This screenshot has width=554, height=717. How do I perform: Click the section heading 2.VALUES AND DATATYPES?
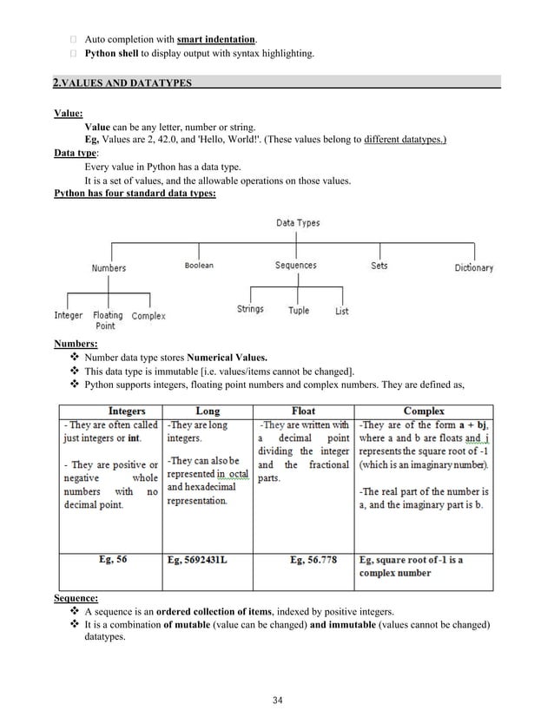pos(122,83)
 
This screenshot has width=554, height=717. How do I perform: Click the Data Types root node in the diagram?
pos(298,223)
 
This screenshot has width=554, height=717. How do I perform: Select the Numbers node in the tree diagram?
pos(109,268)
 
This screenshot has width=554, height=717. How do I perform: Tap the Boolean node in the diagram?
pos(199,266)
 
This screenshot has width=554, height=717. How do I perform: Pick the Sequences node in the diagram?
pos(295,266)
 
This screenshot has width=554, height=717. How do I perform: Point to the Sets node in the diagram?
pos(379,266)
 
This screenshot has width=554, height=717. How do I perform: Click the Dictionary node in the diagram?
pos(473,268)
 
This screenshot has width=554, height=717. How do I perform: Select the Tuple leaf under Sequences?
pos(298,310)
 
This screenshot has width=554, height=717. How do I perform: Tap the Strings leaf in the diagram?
pos(250,309)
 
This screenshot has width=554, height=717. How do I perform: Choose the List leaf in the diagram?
pos(342,311)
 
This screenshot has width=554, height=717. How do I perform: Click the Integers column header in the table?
pos(126,411)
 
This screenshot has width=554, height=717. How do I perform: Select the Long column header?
pos(208,411)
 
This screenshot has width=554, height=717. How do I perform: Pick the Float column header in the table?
pos(304,411)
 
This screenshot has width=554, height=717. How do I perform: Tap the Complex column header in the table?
pos(424,411)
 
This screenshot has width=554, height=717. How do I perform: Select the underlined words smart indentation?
pos(216,39)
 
